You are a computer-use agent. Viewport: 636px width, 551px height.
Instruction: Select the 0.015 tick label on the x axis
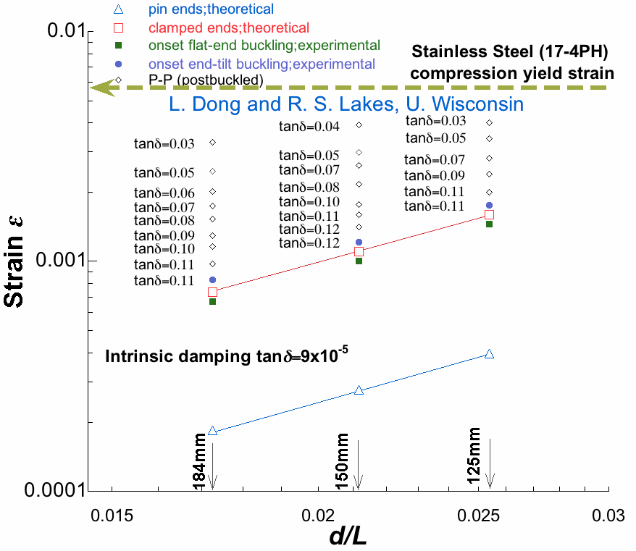(x=113, y=516)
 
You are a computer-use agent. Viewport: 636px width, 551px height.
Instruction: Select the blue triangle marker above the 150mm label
(x=359, y=390)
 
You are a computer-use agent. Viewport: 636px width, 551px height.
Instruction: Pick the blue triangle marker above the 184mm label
(x=212, y=431)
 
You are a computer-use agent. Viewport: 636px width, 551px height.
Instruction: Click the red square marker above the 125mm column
(x=489, y=214)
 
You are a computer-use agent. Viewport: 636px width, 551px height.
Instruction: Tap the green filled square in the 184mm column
(x=212, y=301)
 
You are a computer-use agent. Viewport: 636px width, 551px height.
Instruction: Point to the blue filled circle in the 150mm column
(x=359, y=243)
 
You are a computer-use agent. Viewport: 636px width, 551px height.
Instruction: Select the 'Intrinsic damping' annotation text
(x=229, y=355)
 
